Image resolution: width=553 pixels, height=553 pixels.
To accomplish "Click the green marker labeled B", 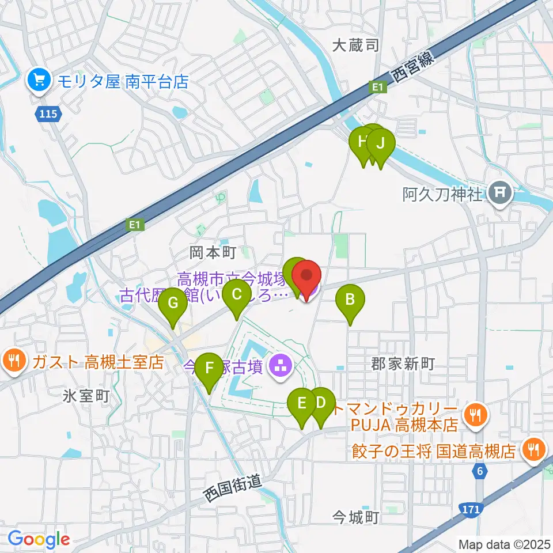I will pyautogui.click(x=350, y=300).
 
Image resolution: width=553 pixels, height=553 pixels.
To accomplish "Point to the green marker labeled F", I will pyautogui.click(x=209, y=368).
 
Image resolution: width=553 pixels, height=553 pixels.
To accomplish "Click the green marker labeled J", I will pyautogui.click(x=380, y=144).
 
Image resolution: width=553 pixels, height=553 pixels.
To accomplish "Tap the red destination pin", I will pyautogui.click(x=307, y=276).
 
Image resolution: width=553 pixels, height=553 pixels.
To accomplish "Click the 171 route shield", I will pyautogui.click(x=471, y=508).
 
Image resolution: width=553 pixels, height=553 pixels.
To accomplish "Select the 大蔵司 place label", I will pyautogui.click(x=356, y=46).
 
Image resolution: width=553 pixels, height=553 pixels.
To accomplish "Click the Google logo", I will pyautogui.click(x=39, y=539).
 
